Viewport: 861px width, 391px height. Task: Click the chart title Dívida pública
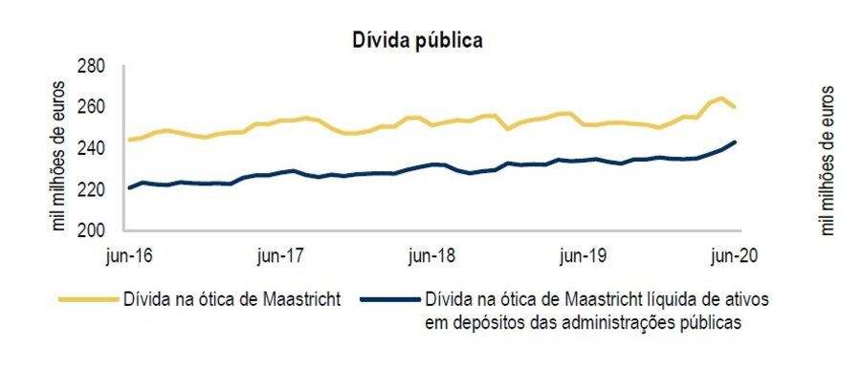pyautogui.click(x=418, y=40)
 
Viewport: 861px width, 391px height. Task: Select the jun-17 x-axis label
pyautogui.click(x=280, y=255)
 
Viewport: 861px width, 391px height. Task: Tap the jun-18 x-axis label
pyautogui.click(x=431, y=255)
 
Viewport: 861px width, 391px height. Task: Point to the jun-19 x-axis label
pyautogui.click(x=583, y=255)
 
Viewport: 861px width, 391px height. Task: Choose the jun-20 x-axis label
pyautogui.click(x=733, y=255)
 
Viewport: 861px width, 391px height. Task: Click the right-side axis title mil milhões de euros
pyautogui.click(x=828, y=160)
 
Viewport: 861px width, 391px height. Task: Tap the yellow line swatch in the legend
pyautogui.click(x=88, y=299)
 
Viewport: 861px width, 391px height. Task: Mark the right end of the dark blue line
pyautogui.click(x=735, y=141)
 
